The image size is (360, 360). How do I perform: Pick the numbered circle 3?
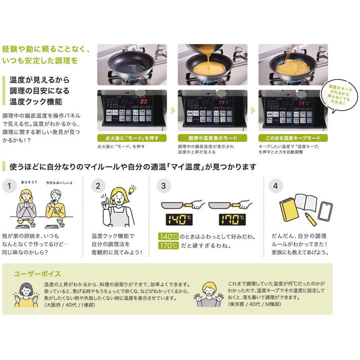163,186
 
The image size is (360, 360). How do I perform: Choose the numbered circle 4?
274,186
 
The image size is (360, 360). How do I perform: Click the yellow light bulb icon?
132,190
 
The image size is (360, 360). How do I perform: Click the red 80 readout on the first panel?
144,101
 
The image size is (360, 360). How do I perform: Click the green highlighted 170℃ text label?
168,245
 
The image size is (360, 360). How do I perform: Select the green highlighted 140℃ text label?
168,236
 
